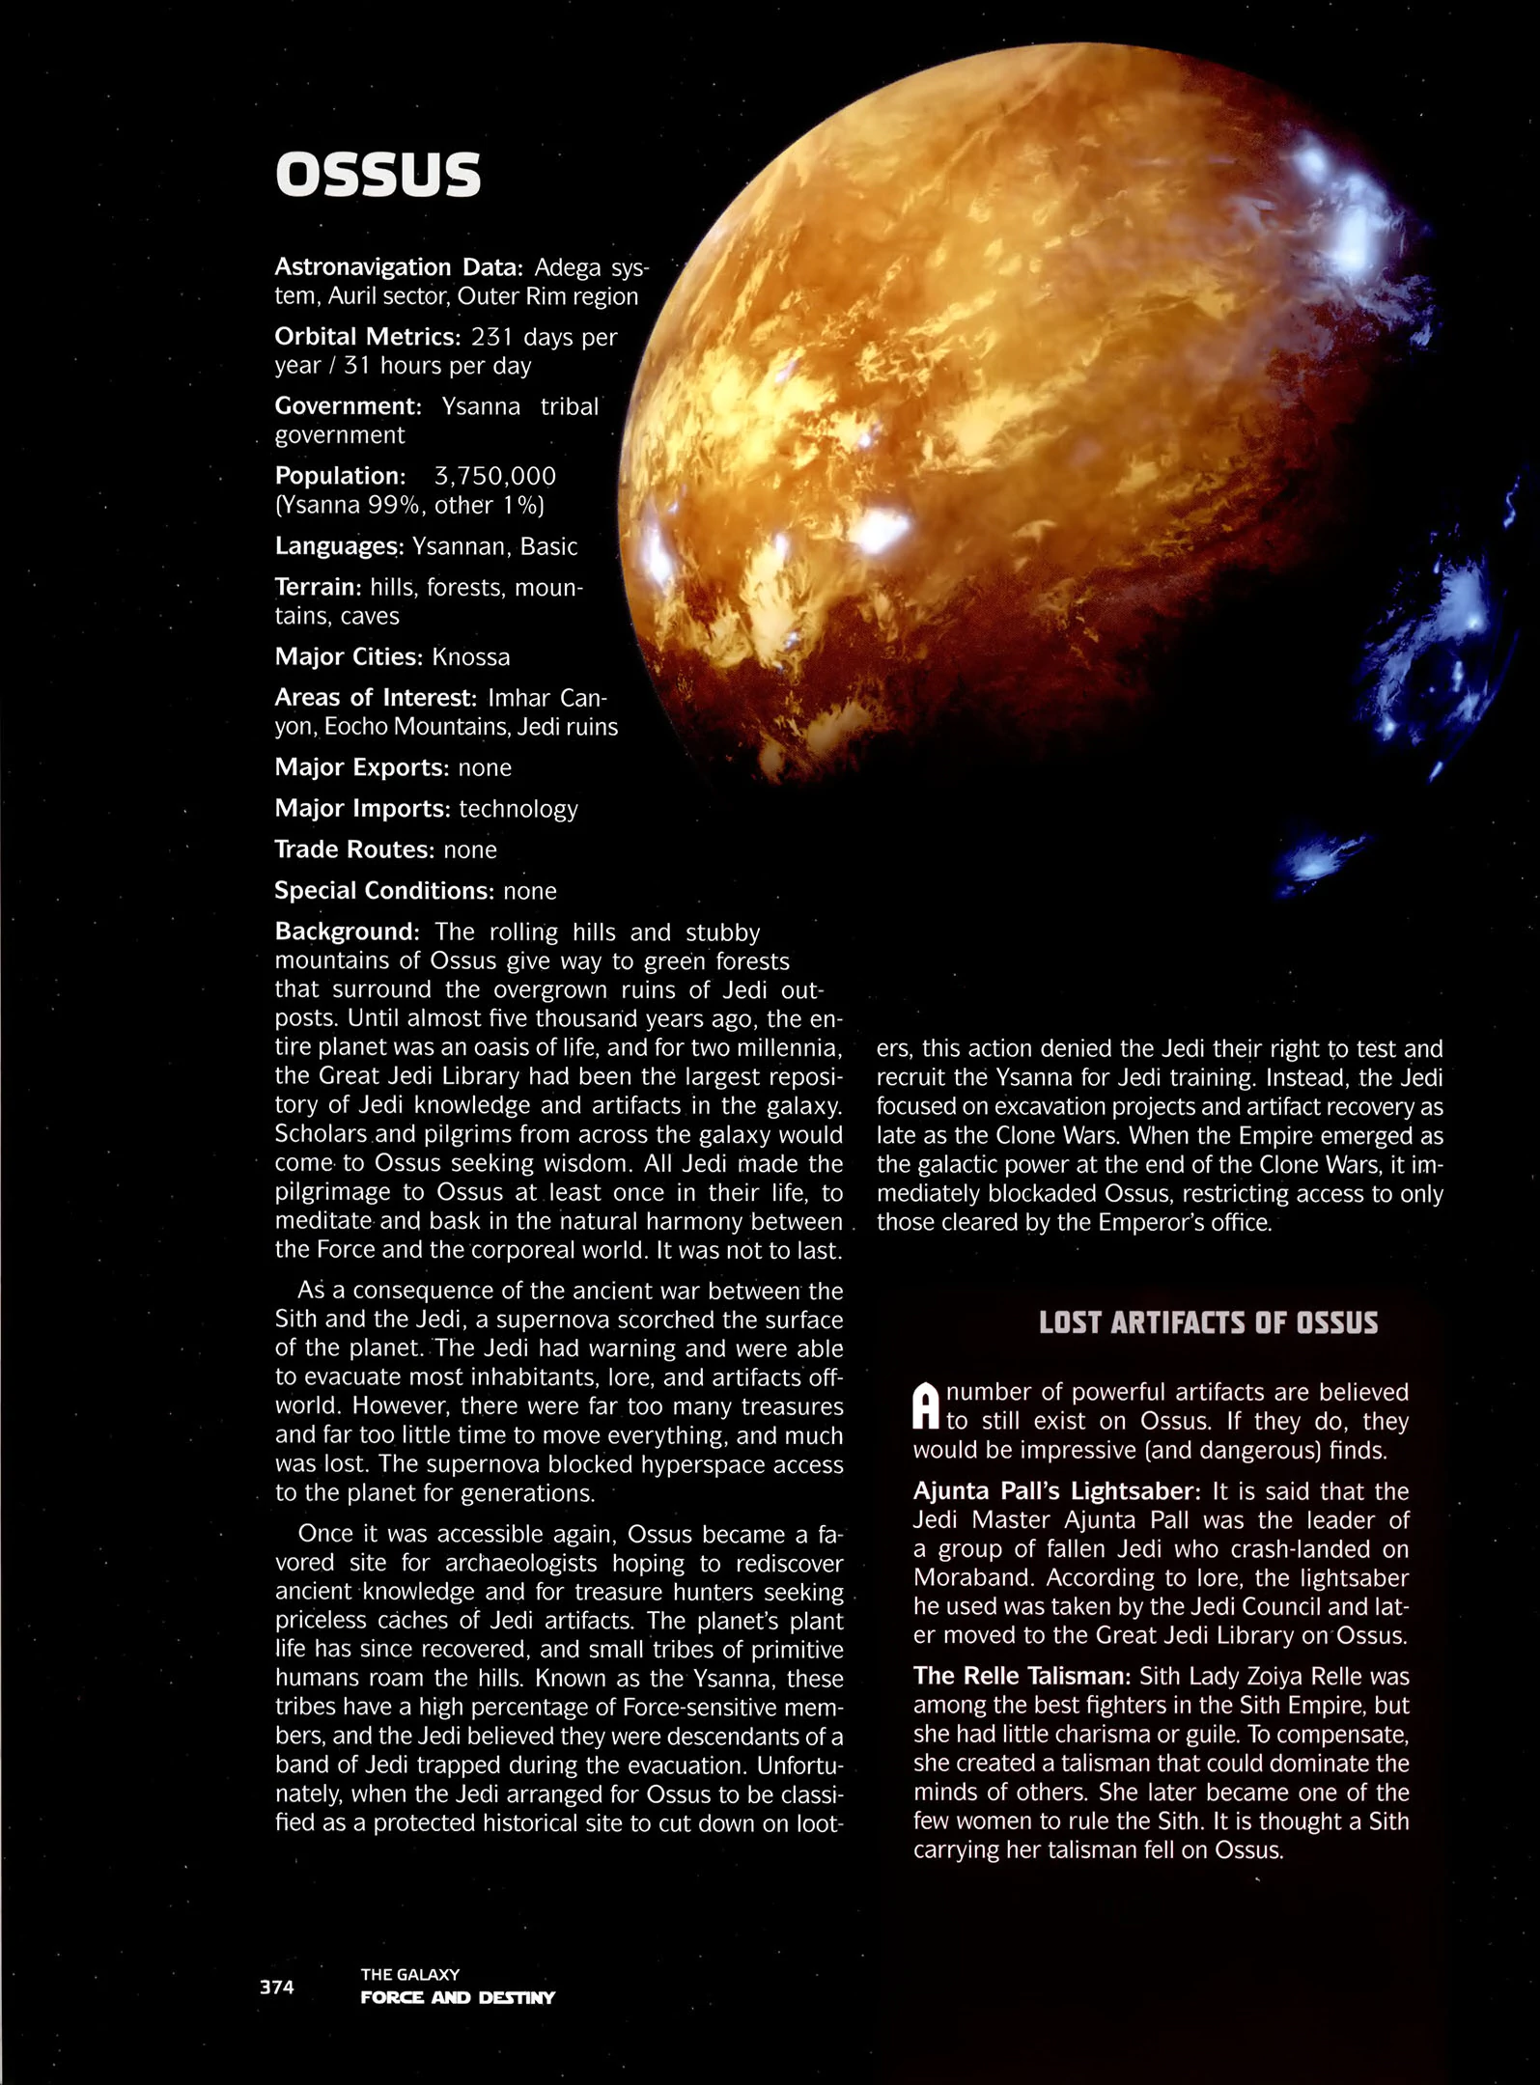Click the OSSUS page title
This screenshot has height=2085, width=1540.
(378, 175)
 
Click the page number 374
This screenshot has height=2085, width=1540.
(276, 1987)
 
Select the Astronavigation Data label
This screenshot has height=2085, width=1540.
(398, 266)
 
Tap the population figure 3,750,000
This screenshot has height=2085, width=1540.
(494, 476)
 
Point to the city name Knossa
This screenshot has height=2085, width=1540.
(470, 657)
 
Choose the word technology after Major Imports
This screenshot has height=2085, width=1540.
(518, 809)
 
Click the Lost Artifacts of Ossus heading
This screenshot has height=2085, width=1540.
(1208, 1322)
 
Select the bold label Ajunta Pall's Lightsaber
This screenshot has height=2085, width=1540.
(1056, 1491)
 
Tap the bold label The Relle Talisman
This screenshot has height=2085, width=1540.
(1022, 1677)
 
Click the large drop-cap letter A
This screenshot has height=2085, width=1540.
(926, 1406)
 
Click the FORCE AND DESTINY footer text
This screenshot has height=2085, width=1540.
(458, 1997)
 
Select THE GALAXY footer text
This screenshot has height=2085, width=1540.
(409, 1974)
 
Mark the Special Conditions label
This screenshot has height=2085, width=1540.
(384, 891)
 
